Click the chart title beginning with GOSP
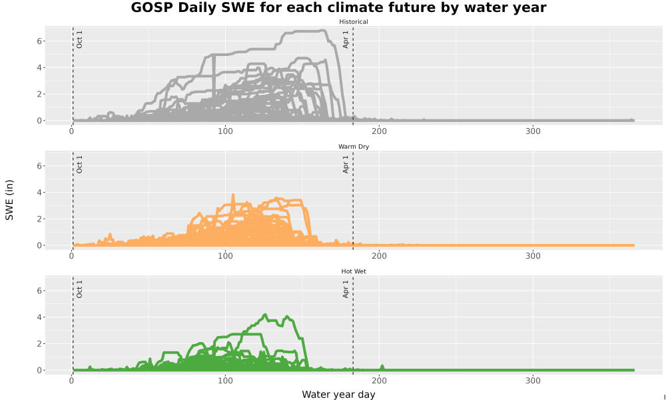pos(338,7)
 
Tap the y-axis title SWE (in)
pos(9,200)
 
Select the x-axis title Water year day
pos(338,395)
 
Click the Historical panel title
pos(354,22)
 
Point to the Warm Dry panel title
pos(354,147)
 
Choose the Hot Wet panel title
pos(354,271)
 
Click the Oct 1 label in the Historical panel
pos(79,39)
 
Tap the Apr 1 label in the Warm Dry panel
pos(346,164)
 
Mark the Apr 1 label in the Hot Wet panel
pos(346,289)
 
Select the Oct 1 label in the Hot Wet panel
pos(79,289)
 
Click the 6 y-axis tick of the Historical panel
pos(39,41)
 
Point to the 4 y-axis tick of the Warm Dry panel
pos(39,193)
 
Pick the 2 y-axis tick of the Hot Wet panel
pos(39,343)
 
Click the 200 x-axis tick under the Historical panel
pos(379,131)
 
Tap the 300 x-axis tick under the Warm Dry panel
pos(533,256)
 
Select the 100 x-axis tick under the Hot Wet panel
pos(225,381)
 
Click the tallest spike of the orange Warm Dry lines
pos(232,195)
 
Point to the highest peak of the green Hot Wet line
pos(265,315)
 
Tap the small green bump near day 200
pos(382,367)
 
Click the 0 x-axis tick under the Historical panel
pos(71,131)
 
